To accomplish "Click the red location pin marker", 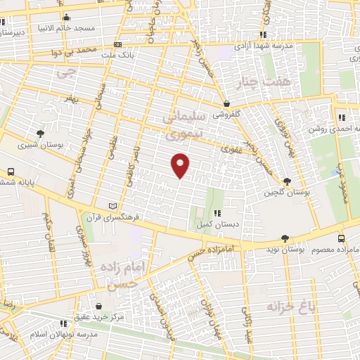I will [181, 165].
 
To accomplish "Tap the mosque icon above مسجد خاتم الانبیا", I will [67, 18].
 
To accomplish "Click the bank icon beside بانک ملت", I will [117, 44].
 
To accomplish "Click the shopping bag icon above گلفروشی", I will [226, 103].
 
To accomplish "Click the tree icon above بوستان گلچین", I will [286, 181].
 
